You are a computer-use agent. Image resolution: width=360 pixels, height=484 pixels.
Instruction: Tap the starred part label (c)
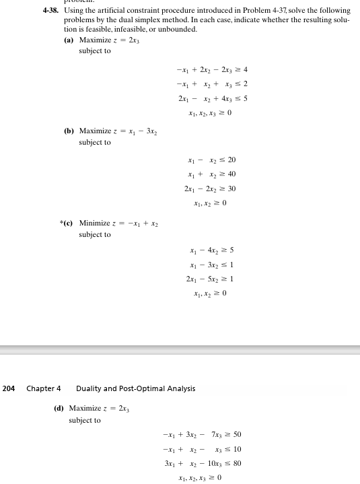point(67,223)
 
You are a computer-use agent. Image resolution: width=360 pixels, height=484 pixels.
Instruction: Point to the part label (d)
point(59,409)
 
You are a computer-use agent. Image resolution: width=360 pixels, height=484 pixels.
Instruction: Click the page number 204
point(9,388)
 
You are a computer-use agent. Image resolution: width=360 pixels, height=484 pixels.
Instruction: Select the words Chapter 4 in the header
point(44,388)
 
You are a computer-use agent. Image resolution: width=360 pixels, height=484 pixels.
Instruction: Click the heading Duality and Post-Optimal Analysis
point(135,388)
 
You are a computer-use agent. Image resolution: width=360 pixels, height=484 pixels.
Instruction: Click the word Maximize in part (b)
point(95,131)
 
